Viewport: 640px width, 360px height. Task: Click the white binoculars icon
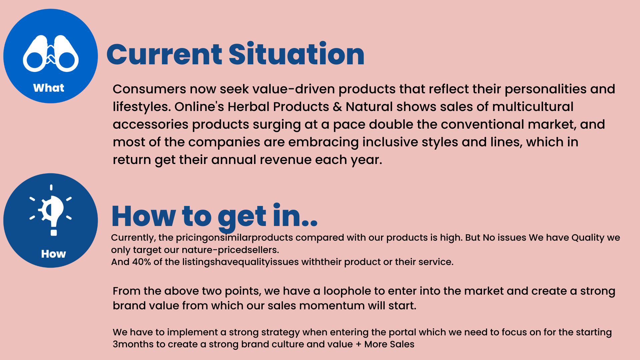(x=51, y=53)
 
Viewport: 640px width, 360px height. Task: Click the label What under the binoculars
(x=49, y=88)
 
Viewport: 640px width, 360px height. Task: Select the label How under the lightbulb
(x=53, y=254)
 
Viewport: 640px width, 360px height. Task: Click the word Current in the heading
(x=164, y=54)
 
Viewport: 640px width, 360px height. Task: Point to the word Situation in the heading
(x=297, y=53)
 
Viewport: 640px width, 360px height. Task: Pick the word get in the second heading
(x=242, y=217)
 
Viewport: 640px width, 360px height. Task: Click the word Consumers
(x=149, y=89)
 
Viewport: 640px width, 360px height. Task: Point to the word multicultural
(x=533, y=107)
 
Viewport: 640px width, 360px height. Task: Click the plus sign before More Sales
(x=358, y=345)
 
